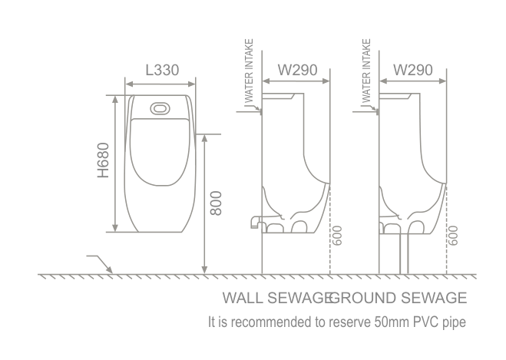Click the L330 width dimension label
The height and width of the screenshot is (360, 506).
pos(163,70)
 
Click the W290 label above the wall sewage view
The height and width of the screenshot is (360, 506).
pos(296,70)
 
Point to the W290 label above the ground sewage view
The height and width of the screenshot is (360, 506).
pos(412,70)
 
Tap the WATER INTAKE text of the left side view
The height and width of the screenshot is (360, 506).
pos(250,71)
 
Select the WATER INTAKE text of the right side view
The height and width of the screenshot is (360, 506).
pos(365,71)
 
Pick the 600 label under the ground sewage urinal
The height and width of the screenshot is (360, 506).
pos(452,236)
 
